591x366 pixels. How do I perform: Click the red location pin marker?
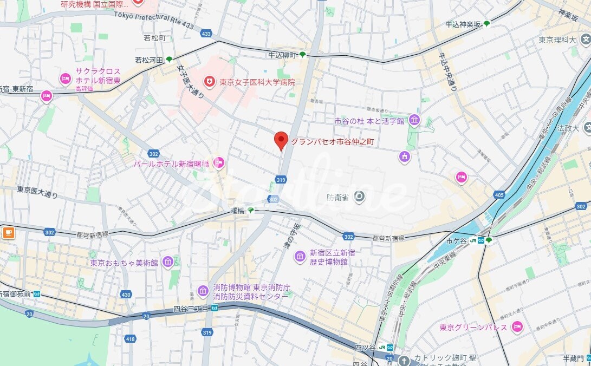281,140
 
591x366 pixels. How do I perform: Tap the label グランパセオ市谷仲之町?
333,142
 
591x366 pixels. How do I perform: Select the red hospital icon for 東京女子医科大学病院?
209,82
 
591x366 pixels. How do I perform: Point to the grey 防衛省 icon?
359,197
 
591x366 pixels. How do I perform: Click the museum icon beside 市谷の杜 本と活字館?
414,120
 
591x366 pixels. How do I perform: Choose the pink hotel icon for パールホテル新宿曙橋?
219,162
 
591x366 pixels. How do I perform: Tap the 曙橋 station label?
237,211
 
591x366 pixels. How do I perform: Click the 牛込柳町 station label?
282,55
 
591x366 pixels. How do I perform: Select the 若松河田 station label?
149,60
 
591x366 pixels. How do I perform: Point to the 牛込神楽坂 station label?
463,24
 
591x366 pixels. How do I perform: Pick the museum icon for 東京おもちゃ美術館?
168,262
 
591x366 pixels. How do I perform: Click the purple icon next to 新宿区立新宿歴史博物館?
300,256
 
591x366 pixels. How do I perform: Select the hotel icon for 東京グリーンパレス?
517,326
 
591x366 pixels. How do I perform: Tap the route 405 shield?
499,194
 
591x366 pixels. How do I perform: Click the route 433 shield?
206,34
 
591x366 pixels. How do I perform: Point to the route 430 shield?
126,295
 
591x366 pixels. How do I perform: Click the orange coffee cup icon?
8,233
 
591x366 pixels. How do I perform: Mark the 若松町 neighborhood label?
154,38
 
